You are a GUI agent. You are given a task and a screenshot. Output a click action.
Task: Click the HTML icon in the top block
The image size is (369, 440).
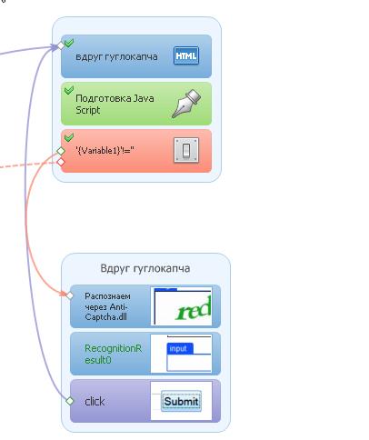click(186, 55)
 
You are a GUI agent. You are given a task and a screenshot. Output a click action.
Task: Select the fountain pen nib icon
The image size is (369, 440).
click(186, 104)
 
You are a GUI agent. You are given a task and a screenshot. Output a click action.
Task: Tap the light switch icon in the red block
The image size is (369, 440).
click(186, 150)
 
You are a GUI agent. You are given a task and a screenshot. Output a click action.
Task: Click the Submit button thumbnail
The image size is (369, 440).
click(181, 401)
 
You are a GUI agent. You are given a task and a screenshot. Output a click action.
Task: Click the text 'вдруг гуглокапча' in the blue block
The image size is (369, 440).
click(116, 56)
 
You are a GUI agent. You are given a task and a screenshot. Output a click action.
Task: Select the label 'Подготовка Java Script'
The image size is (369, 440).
click(115, 104)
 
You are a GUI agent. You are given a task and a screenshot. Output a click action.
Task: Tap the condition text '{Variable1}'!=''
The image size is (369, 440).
click(105, 150)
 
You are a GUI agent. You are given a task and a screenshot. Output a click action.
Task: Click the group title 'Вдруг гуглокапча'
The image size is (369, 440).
click(145, 268)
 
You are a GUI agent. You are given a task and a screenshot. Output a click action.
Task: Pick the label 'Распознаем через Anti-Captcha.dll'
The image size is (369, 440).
click(107, 306)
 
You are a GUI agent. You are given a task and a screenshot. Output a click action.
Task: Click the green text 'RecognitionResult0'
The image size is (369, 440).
click(113, 355)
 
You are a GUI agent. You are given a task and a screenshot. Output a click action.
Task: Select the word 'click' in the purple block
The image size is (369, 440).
click(95, 402)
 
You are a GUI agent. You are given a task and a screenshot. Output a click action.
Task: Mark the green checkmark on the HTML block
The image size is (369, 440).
click(69, 43)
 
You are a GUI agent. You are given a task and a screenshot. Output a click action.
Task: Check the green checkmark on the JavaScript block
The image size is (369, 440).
click(69, 90)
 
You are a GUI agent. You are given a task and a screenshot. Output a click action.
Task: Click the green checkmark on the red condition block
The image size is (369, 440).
click(69, 137)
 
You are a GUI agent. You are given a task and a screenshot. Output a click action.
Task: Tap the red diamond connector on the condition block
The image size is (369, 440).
click(61, 162)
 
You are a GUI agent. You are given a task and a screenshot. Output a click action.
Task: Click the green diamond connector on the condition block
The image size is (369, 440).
click(61, 150)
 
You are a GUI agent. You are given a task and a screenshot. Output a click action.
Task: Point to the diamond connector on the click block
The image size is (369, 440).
click(70, 401)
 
